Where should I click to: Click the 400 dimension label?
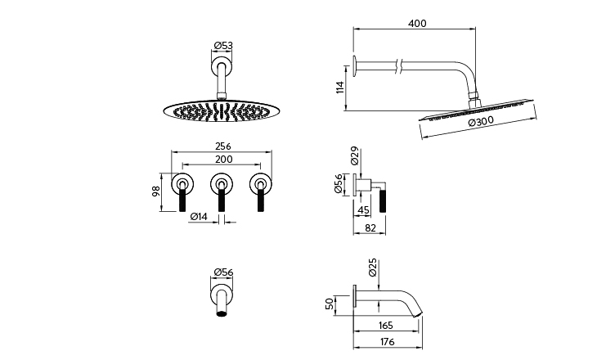417,23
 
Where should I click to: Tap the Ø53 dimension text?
223,45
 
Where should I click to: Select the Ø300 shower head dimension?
481,122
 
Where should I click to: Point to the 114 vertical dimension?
340,87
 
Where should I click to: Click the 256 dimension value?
223,146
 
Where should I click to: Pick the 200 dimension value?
224,159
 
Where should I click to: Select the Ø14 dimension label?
199,216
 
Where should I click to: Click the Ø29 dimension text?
354,155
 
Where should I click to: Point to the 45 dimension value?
364,210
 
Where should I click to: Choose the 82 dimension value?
370,227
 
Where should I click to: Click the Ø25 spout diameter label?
373,267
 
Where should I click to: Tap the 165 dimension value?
386,326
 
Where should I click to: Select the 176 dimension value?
387,342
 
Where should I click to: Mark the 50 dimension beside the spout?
330,304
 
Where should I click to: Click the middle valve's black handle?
221,200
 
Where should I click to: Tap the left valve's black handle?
182,200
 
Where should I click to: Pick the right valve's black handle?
260,200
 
